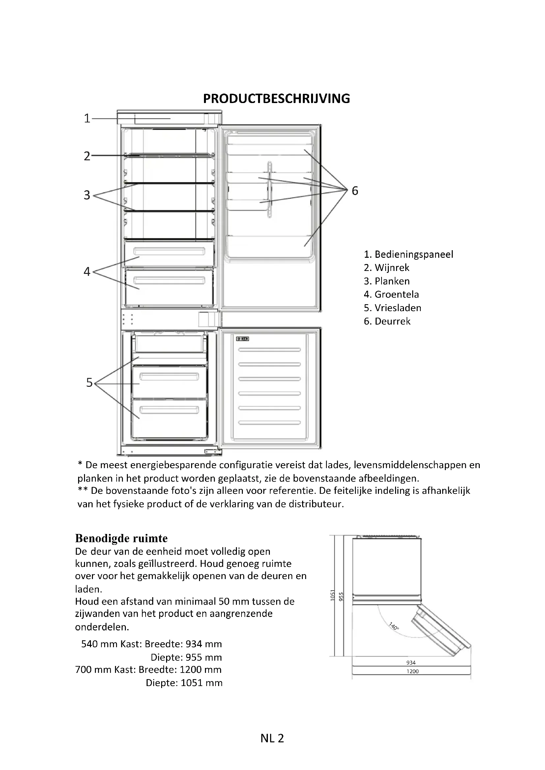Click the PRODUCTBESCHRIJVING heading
[276, 99]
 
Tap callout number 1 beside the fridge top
[87, 119]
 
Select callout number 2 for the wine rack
[87, 156]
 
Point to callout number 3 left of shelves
[87, 195]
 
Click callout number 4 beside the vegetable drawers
[87, 271]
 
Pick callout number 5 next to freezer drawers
[89, 383]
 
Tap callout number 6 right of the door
[355, 191]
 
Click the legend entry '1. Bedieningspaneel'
[408, 254]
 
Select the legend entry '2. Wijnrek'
[387, 268]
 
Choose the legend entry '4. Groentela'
[391, 294]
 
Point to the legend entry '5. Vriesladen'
[392, 308]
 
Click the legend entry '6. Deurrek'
[387, 321]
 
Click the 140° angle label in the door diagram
[394, 626]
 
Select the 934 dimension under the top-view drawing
[411, 663]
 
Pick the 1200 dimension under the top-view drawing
[413, 671]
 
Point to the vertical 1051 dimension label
[332, 595]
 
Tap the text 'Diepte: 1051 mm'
[184, 683]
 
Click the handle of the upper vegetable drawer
[169, 251]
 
